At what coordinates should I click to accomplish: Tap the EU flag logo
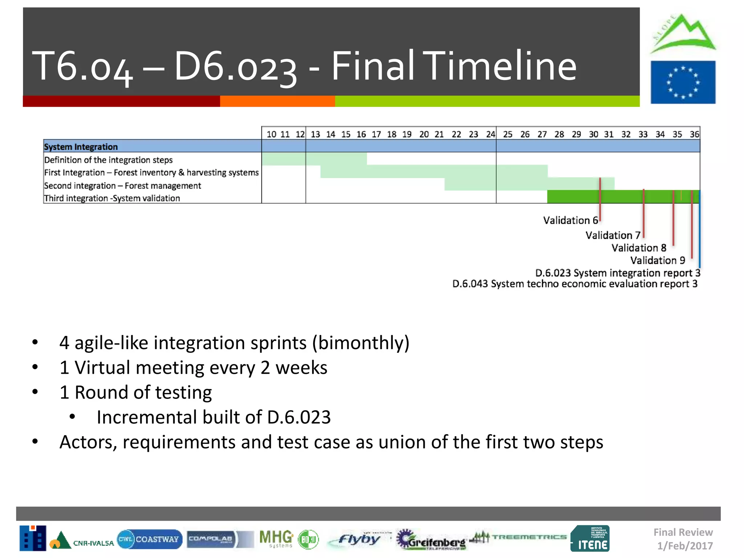(683, 82)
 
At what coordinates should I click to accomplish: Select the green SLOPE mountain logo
(683, 34)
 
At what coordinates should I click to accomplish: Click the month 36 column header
(694, 134)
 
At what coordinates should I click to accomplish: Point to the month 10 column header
(271, 134)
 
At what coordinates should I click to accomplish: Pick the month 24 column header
(490, 134)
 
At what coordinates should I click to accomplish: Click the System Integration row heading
(81, 147)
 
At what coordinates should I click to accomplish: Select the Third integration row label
(112, 198)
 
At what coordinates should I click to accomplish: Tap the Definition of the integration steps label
(108, 160)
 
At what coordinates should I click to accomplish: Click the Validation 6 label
(570, 221)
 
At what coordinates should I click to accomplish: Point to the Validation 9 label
(658, 260)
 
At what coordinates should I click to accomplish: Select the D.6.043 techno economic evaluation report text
(575, 284)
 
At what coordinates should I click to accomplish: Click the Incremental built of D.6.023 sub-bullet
(214, 417)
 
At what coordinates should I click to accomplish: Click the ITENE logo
(590, 538)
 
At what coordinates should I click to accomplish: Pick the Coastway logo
(150, 539)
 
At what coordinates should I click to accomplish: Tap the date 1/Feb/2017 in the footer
(685, 546)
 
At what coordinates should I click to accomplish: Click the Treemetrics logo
(519, 537)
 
